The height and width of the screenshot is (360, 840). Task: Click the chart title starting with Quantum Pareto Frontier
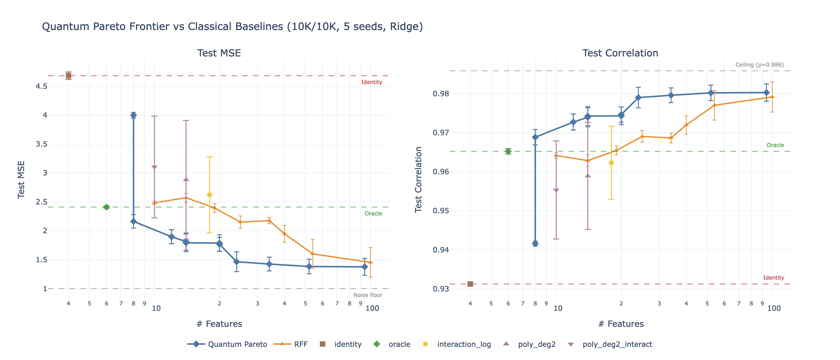click(232, 26)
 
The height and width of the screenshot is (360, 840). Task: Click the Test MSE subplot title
click(219, 53)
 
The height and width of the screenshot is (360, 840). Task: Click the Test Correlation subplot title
click(620, 53)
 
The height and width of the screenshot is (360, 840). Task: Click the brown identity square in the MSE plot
click(68, 76)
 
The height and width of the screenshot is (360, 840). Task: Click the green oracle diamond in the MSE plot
click(106, 207)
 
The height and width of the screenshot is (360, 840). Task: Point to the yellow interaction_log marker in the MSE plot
click(210, 195)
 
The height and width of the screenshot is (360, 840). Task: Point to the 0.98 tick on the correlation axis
click(441, 94)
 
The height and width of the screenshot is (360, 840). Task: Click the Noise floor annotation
click(368, 295)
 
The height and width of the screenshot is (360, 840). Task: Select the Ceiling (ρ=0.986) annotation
click(759, 65)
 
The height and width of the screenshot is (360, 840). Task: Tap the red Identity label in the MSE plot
click(371, 82)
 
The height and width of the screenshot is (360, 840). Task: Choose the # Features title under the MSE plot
click(219, 324)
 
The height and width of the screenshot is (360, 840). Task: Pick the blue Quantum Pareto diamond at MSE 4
click(133, 115)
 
